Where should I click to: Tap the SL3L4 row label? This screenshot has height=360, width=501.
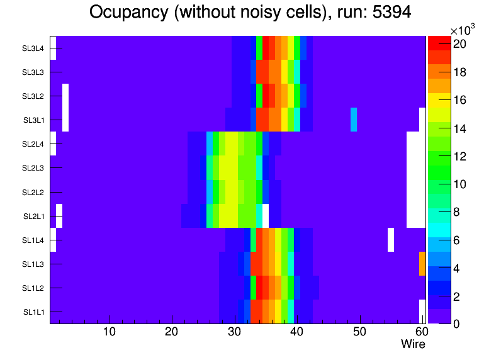[x=33, y=48]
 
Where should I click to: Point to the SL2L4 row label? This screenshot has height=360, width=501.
[x=33, y=144]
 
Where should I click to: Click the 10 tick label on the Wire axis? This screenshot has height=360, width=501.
[x=110, y=332]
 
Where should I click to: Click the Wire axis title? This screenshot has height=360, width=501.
[x=414, y=344]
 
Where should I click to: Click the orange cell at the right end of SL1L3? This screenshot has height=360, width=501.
[x=422, y=264]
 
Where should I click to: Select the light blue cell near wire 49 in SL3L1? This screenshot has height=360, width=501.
[x=354, y=120]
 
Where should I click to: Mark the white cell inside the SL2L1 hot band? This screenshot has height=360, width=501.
[x=266, y=216]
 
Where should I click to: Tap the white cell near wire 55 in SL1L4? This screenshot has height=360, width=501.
[x=391, y=240]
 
